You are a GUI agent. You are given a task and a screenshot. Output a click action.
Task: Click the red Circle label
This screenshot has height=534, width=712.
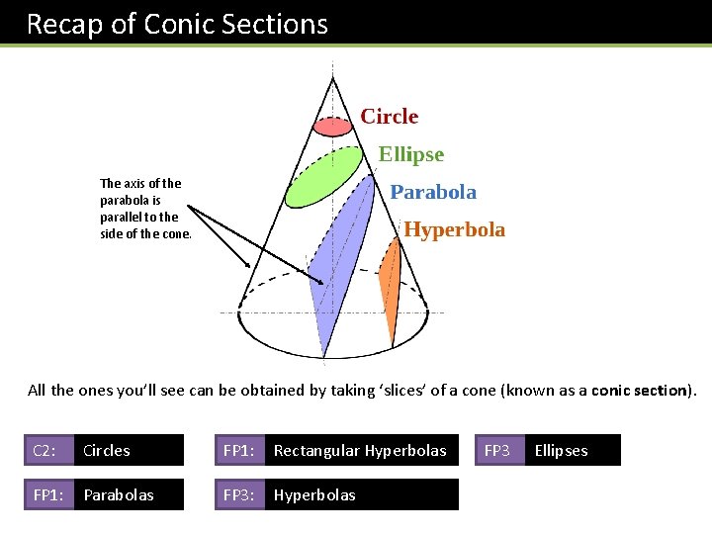(x=389, y=117)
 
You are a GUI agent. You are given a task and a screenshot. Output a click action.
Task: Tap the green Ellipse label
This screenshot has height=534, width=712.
(x=411, y=154)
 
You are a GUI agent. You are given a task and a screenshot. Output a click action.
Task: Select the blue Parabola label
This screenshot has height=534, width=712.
(x=433, y=192)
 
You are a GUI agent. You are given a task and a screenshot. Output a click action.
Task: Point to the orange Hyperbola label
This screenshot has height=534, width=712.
(x=454, y=229)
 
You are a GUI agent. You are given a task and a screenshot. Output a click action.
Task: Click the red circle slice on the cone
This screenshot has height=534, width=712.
(x=332, y=126)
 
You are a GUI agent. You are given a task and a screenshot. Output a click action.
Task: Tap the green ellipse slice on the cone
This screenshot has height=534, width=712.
(x=323, y=176)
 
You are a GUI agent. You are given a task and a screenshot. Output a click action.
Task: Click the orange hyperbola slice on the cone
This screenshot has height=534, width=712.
(x=390, y=287)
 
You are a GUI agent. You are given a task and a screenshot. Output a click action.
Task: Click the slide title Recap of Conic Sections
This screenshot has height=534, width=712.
(x=177, y=24)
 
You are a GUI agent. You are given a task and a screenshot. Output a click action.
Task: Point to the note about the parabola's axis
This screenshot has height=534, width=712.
(x=140, y=209)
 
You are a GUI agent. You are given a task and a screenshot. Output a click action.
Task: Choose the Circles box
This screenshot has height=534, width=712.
(x=130, y=451)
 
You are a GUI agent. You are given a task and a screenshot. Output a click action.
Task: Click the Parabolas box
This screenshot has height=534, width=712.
(x=130, y=494)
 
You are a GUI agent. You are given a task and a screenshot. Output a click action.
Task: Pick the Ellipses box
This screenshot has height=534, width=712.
(x=573, y=451)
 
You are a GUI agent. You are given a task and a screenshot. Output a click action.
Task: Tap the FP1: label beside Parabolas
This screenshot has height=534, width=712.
(x=48, y=494)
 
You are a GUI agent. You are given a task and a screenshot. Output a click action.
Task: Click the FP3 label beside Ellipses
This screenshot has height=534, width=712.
(x=497, y=451)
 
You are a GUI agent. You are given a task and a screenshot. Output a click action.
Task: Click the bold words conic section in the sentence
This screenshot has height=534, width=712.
(x=640, y=390)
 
